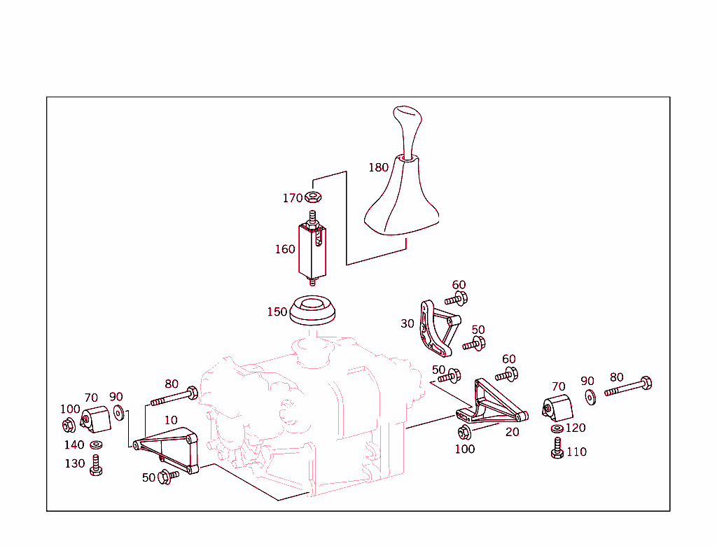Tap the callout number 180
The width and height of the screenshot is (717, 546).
click(378, 167)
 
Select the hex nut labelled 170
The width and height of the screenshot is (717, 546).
click(314, 197)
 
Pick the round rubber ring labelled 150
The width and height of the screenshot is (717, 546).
click(312, 310)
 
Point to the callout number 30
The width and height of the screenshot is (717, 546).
click(408, 323)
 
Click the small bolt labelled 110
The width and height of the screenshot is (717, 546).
click(557, 448)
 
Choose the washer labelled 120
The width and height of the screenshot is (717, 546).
click(557, 428)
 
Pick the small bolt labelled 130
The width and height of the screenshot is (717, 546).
click(96, 465)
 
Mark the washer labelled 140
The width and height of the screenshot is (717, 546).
click(95, 445)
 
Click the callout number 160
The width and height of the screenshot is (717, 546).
click(285, 249)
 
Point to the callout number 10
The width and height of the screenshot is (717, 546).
click(171, 420)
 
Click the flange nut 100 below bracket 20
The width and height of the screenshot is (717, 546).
click(463, 432)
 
